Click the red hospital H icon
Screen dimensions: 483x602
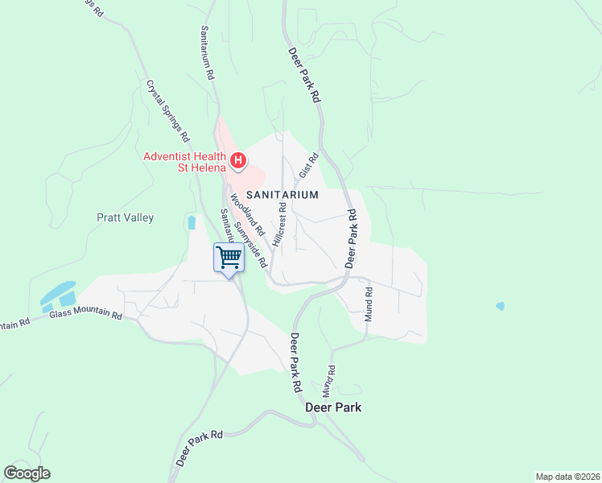tap(238, 161)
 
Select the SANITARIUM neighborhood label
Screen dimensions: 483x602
tap(282, 195)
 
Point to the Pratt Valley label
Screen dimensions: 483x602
tap(125, 217)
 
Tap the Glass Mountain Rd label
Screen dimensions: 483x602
tap(85, 316)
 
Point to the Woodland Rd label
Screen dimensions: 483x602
tap(241, 209)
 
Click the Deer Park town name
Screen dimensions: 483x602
tap(333, 407)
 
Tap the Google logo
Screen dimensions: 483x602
tap(27, 473)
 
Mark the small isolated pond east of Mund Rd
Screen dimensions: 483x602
tap(501, 307)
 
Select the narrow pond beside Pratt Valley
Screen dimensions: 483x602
tap(191, 223)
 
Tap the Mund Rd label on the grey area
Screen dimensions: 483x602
tap(369, 304)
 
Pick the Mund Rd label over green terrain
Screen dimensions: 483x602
tap(330, 379)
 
